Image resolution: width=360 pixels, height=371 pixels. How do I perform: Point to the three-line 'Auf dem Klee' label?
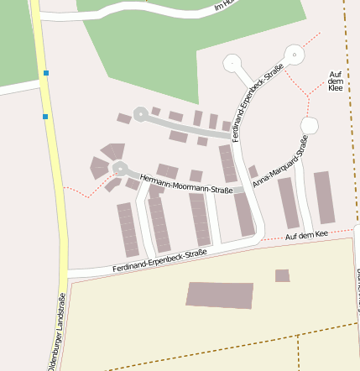tap(336, 81)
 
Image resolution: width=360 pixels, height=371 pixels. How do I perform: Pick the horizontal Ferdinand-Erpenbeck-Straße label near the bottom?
tap(159, 261)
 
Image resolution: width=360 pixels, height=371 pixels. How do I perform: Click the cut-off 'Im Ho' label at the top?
tap(223, 6)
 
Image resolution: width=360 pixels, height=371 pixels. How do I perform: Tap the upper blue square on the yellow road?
tap(45, 73)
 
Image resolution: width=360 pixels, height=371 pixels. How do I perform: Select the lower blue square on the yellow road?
tap(45, 116)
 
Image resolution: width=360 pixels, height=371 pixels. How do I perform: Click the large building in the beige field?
tap(219, 295)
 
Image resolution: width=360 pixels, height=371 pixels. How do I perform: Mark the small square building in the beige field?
tap(282, 275)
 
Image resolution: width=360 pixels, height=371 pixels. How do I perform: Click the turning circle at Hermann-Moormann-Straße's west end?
tap(119, 169)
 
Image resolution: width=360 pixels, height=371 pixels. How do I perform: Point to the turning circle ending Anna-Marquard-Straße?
tap(309, 125)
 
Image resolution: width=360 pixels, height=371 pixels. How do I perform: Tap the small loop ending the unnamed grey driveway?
tap(139, 115)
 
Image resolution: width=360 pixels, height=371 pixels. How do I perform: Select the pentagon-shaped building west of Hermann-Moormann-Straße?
tap(112, 151)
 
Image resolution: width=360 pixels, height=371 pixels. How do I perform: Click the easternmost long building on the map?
tap(324, 197)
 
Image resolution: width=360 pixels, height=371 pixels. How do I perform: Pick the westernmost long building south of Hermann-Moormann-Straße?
tap(128, 228)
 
